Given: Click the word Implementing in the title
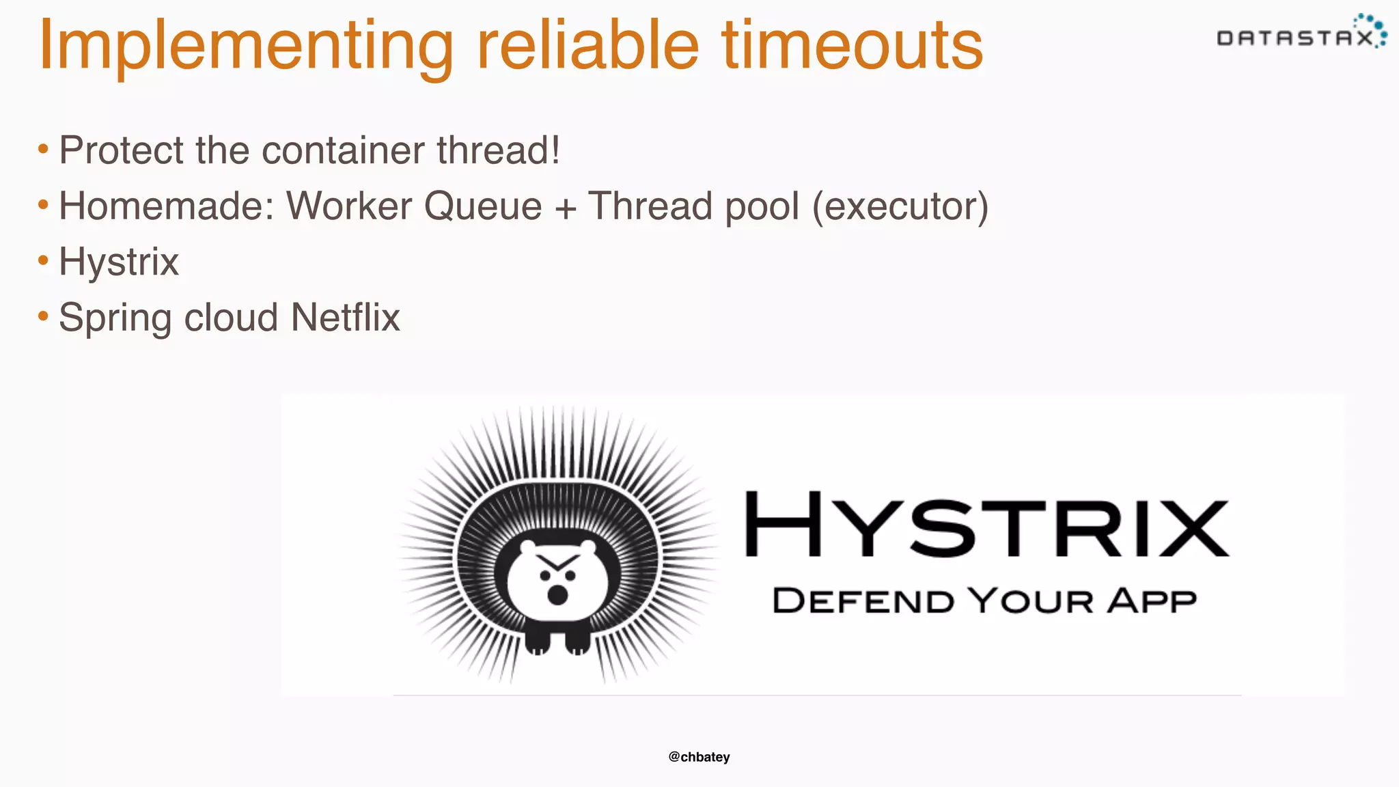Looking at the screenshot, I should point(246,46).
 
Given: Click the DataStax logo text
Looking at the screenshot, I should point(1295,38).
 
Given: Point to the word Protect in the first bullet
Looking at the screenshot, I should point(121,150).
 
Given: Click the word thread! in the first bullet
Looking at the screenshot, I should point(498,150).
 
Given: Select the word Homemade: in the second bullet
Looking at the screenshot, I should point(166,206).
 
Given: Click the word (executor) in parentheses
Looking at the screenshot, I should point(900,206).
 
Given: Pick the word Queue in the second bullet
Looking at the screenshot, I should point(482,206).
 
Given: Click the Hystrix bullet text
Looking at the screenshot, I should point(119,262).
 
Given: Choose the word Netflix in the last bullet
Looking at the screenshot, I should point(345,318).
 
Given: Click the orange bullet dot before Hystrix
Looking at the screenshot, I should point(43,260).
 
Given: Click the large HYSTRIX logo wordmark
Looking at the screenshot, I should point(986,524).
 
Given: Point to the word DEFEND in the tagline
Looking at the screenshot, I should point(862,601).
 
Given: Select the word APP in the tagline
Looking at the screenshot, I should point(1152,601).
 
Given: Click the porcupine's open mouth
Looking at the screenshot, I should point(557,594).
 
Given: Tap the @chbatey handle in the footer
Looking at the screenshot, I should point(699,757).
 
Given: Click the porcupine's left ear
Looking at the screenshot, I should point(528,547).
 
